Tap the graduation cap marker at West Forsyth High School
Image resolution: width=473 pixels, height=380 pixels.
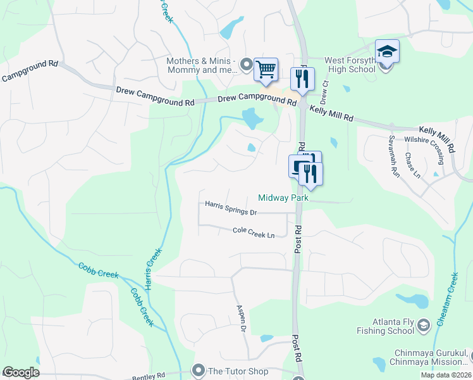pyautogui.click(x=387, y=52)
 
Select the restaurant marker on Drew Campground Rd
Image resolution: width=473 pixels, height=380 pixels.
pyautogui.click(x=302, y=80)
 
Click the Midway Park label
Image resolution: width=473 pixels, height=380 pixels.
pyautogui.click(x=283, y=198)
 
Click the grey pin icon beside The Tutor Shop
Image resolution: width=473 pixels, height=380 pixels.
pyautogui.click(x=199, y=370)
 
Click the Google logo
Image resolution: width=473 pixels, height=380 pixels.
pyautogui.click(x=21, y=373)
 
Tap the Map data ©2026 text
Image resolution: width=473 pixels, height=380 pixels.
pyautogui.click(x=445, y=375)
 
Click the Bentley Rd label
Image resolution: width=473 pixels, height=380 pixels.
pyautogui.click(x=149, y=376)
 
